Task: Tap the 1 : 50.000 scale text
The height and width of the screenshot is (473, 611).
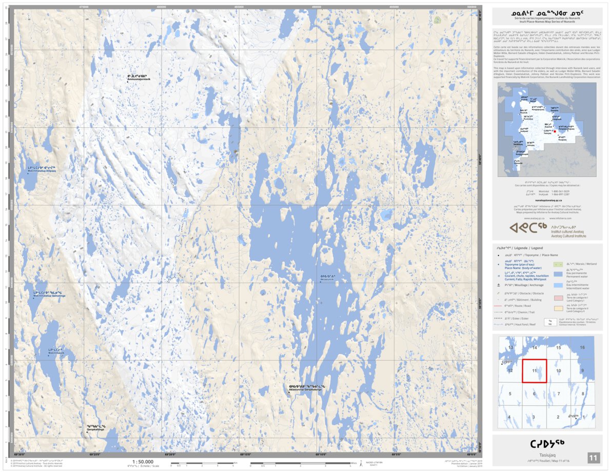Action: click(142, 461)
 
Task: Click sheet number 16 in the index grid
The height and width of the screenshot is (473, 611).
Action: click(582, 348)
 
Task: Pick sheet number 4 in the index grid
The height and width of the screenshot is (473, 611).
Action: click(509, 417)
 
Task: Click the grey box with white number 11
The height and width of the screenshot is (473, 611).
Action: click(593, 458)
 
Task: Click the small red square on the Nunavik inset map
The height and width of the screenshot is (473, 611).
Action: click(555, 131)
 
